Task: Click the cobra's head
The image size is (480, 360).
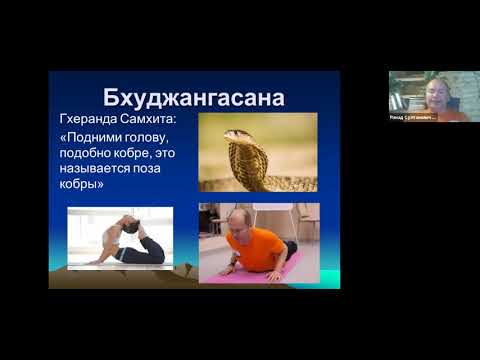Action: (x=237, y=136)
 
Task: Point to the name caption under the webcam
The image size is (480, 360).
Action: (x=413, y=117)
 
